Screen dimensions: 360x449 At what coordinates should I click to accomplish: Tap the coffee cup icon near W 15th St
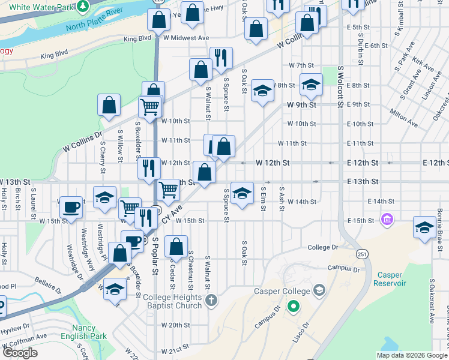pos(72,208)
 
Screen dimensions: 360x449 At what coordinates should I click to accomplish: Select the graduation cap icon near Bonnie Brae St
pos(424,228)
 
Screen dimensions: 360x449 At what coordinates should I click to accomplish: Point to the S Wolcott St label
pos(340,88)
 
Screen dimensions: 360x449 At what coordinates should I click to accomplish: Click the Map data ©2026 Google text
pos(411,355)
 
